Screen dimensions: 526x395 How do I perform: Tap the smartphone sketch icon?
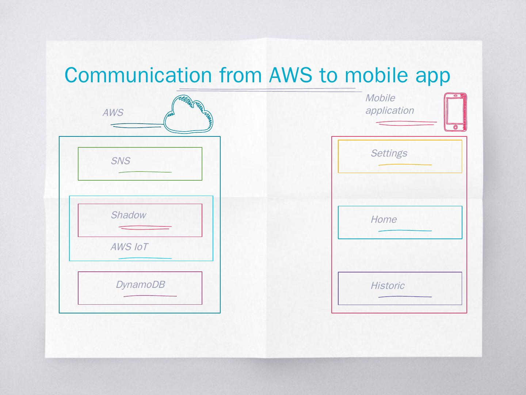[x=455, y=112]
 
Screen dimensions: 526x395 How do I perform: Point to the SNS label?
[x=121, y=161]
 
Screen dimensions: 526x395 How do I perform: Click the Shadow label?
[x=128, y=215]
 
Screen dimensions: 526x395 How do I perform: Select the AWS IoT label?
[x=129, y=247]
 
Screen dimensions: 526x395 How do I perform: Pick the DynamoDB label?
[x=140, y=285]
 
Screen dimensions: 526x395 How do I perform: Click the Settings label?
[x=389, y=153]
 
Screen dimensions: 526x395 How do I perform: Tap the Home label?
[x=384, y=219]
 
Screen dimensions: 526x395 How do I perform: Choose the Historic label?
[x=388, y=286]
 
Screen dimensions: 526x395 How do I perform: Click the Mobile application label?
[x=389, y=104]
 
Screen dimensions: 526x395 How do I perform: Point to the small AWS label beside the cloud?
[x=113, y=113]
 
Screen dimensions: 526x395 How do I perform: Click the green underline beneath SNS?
[x=145, y=172]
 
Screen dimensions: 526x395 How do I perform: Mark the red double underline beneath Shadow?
[x=145, y=227]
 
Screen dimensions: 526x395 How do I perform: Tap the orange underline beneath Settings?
[x=405, y=165]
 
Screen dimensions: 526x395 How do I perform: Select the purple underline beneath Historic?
[x=405, y=297]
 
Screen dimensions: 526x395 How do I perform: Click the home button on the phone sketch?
[x=455, y=127]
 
